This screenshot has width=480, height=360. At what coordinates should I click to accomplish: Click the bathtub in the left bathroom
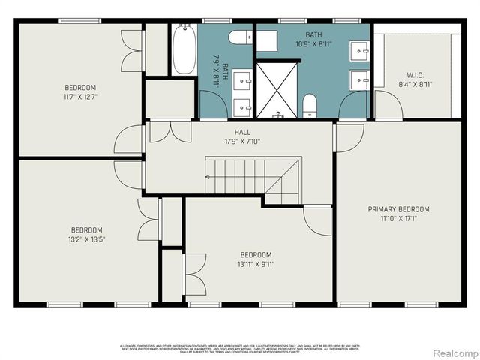point(184,49)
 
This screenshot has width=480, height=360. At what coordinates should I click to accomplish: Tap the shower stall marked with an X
point(277,90)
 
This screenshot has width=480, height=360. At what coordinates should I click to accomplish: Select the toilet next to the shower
point(310,106)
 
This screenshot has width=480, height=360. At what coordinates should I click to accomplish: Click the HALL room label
point(242,132)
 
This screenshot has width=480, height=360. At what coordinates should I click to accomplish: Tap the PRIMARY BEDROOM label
point(397,209)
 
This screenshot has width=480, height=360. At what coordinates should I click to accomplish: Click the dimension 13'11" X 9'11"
point(256,264)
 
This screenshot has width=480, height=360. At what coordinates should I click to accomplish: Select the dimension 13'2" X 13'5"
point(86,239)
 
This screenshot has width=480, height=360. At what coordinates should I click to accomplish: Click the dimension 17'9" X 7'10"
point(242,140)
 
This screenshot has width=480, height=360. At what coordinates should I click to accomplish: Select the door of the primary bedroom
point(349,137)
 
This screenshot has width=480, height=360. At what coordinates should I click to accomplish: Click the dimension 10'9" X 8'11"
point(313,44)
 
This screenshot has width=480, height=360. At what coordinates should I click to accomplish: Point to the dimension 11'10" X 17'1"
point(397,218)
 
